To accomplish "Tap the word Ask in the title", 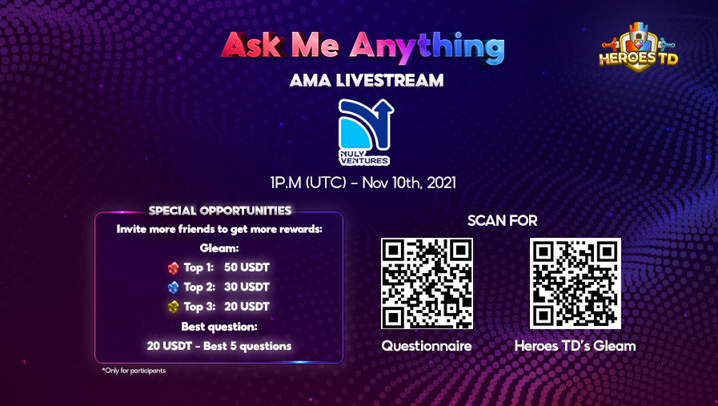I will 251,48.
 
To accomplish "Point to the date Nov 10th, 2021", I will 409,183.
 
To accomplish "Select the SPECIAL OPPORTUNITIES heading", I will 219,211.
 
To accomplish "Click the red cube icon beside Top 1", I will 172,267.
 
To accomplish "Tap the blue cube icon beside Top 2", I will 172,287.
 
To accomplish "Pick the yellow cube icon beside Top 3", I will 172,306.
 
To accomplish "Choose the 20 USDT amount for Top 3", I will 247,306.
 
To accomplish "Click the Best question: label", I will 219,327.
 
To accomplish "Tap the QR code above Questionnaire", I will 427,283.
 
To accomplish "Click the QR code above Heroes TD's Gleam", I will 575,283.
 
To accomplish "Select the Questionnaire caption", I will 427,346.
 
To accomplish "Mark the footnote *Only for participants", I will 134,371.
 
